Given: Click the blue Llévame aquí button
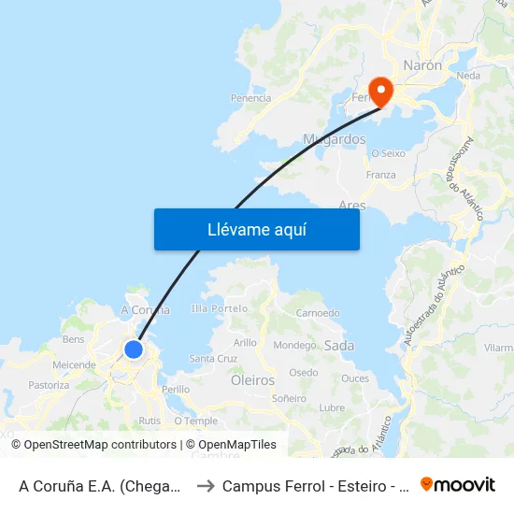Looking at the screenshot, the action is [x=256, y=229].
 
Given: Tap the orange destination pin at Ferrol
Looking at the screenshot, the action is [x=380, y=90].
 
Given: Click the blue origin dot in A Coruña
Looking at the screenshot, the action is [x=134, y=350].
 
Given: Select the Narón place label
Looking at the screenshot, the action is [x=422, y=65].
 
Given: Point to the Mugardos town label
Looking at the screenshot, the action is [x=334, y=139].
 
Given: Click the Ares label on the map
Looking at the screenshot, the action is [x=353, y=204].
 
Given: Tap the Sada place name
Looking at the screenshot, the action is [x=338, y=346].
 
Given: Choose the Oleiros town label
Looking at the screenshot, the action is [x=252, y=380].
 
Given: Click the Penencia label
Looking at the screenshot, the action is [x=250, y=97].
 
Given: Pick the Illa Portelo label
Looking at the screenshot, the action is [x=219, y=308].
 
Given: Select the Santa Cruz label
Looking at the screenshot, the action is [x=213, y=359].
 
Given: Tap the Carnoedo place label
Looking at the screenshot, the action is [x=317, y=313].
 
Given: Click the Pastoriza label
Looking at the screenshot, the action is [x=49, y=385].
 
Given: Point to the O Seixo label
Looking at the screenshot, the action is [x=388, y=153].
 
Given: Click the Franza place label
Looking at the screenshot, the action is [x=380, y=175].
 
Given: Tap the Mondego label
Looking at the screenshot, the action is [x=294, y=346].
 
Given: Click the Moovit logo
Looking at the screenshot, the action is [x=458, y=485].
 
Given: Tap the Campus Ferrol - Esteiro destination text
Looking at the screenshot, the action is [x=313, y=486].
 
